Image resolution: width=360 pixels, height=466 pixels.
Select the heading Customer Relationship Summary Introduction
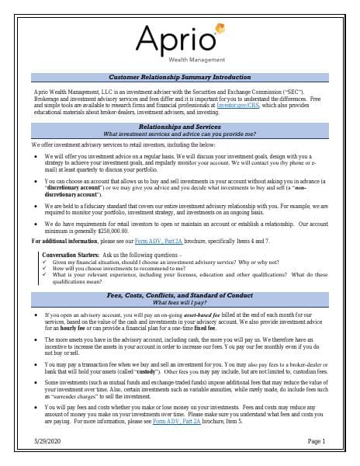(179, 78)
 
